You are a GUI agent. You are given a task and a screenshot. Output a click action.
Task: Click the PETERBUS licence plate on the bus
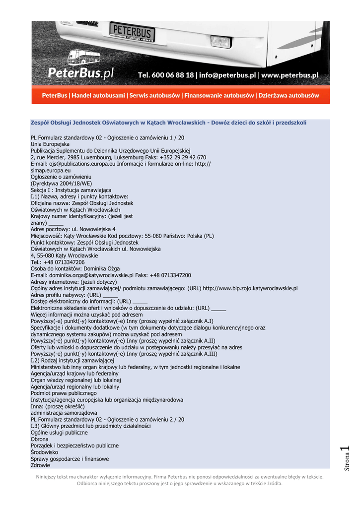pos(132,31)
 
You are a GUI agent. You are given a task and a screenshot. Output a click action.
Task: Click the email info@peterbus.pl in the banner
pos(227,75)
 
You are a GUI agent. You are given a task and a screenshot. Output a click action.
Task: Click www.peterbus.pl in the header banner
pos(290,75)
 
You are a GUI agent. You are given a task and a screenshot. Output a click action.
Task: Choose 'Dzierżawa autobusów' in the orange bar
pos(288,95)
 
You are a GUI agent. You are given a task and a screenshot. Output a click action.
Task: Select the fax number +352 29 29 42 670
pos(184,157)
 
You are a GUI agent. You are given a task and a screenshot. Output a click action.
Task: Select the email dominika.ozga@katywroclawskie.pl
pos(89,275)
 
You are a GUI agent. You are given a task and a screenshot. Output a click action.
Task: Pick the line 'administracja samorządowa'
pos(64,413)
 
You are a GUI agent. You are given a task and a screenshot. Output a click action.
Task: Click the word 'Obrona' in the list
pos(40,439)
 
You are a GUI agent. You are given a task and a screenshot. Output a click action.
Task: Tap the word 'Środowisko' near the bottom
pos(44,452)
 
